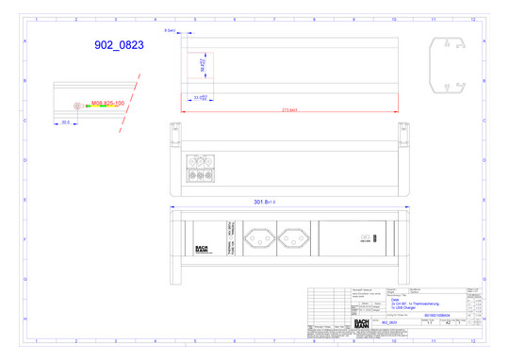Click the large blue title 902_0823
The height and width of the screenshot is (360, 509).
tap(119, 44)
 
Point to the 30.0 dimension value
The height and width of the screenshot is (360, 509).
tap(66, 123)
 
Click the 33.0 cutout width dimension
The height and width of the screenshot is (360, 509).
tap(200, 97)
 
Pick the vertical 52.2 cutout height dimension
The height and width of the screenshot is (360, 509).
tap(203, 65)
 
